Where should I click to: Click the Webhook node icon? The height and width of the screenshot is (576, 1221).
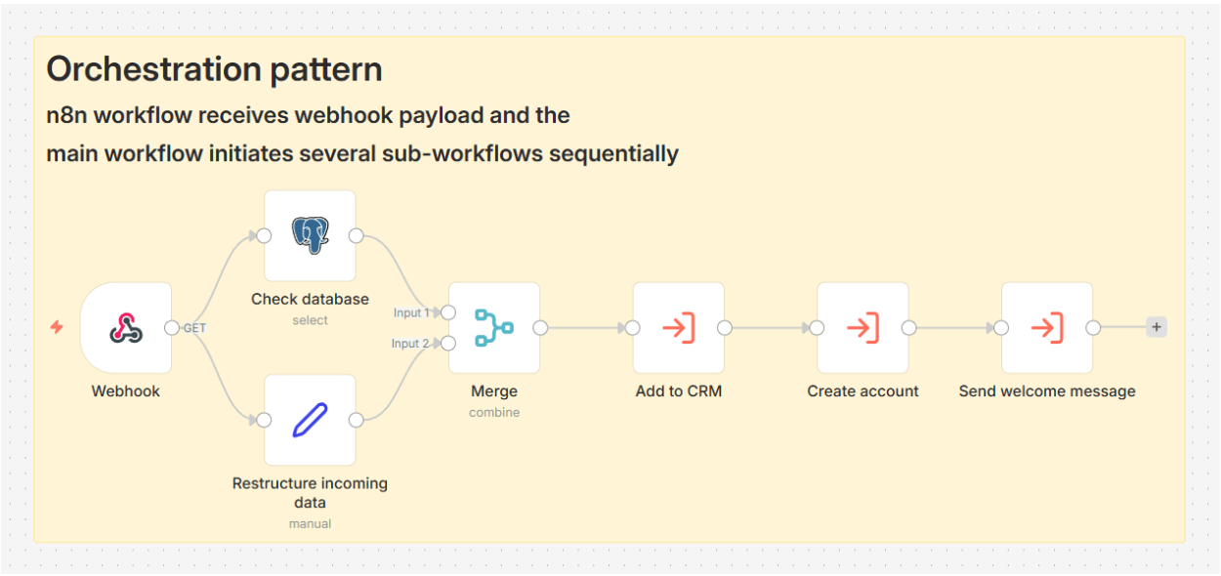126,328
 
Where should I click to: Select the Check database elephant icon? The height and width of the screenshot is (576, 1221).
310,235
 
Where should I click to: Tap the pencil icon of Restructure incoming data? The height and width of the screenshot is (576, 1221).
310,420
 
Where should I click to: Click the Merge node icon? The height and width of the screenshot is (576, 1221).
494,328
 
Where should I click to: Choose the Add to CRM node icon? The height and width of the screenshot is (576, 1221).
679,328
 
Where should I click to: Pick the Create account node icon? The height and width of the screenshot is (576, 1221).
863,328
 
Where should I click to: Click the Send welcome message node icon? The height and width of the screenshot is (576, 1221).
1047,328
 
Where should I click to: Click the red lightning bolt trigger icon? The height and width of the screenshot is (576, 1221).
57,327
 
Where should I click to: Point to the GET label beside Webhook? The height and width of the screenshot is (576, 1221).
195,328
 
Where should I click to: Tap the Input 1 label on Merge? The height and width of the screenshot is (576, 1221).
410,312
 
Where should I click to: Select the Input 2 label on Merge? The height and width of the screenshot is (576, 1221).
410,344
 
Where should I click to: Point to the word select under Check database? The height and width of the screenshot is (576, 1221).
310,320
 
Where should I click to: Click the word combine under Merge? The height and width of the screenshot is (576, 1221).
494,412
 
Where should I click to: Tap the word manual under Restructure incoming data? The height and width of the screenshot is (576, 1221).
310,523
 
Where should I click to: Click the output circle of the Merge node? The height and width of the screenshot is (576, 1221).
540,328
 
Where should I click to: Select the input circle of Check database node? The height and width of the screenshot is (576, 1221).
264,235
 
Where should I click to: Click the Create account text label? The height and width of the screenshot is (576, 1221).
863,391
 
